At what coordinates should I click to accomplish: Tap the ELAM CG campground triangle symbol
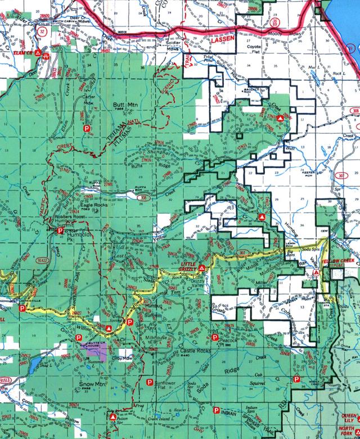click(x=38, y=54)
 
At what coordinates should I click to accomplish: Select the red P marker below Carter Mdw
click(x=87, y=129)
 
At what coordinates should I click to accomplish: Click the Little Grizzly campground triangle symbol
click(x=201, y=269)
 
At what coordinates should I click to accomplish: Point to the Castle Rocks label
click(x=195, y=350)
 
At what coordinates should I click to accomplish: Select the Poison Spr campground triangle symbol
click(x=112, y=417)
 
